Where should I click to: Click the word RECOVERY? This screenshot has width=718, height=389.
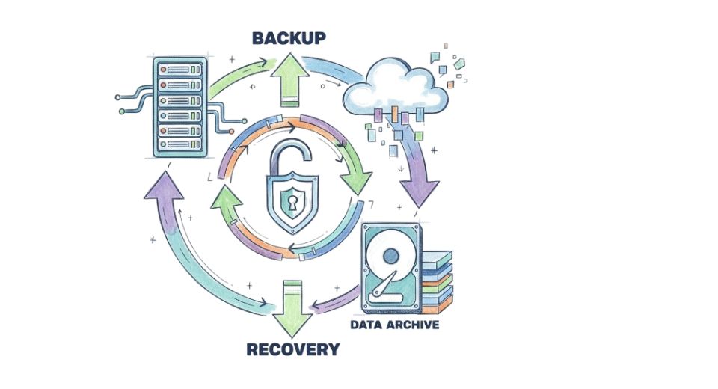point(292,349)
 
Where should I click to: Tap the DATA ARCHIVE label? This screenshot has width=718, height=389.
point(394,325)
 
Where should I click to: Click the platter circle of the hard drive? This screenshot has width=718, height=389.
point(391,258)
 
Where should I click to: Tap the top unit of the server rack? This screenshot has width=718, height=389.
point(180,66)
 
